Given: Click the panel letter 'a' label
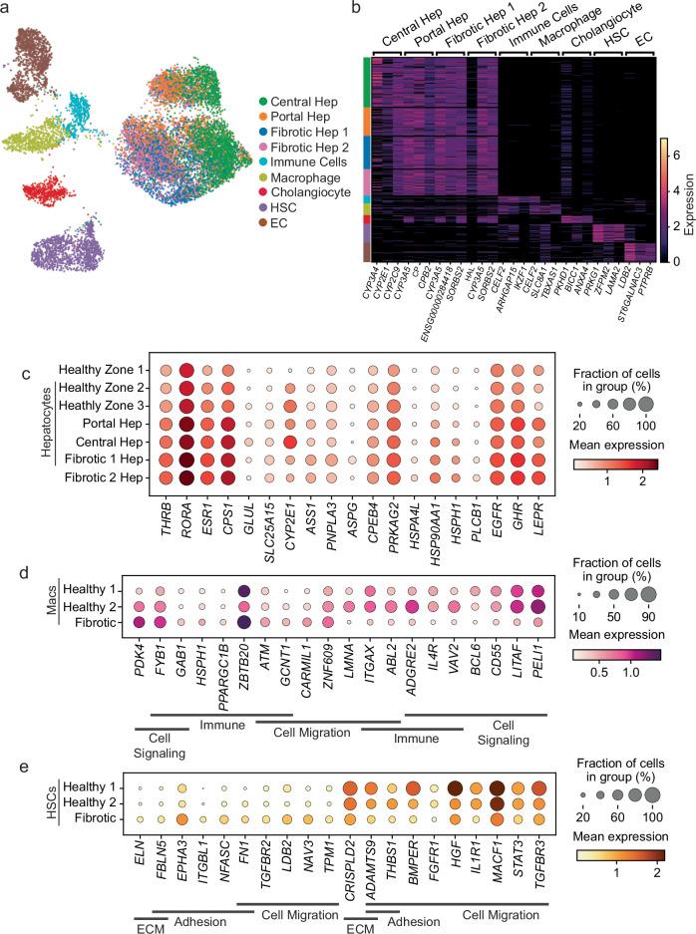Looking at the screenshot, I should coord(9,9).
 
